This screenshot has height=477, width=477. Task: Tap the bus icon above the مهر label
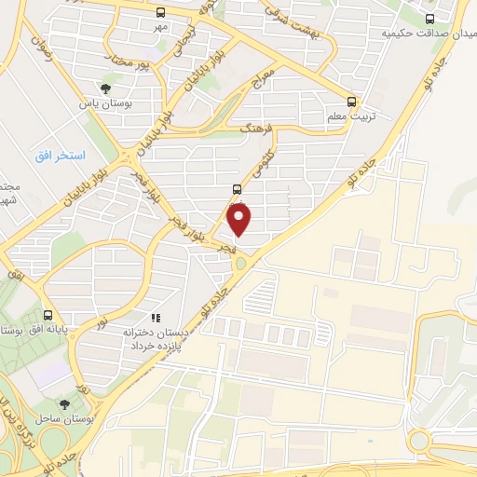click(161, 12)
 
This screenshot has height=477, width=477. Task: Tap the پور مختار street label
click(129, 63)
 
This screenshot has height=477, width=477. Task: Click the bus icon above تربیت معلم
click(351, 101)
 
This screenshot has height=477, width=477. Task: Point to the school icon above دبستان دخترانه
click(156, 318)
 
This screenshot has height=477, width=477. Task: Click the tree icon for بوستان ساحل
click(64, 404)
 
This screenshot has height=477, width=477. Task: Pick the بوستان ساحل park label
click(62, 419)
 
